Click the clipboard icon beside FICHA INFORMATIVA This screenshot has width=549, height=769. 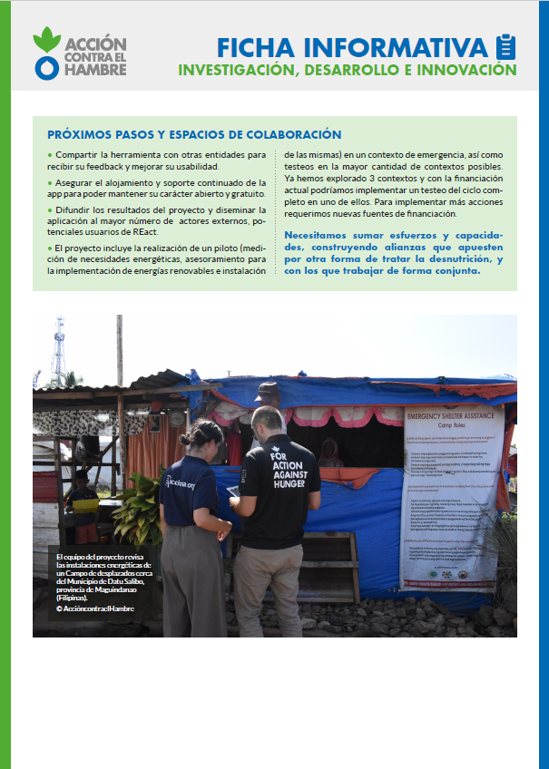(x=505, y=47)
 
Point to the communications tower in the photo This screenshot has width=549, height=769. (x=59, y=349)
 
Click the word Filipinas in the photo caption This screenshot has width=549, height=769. (x=81, y=599)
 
